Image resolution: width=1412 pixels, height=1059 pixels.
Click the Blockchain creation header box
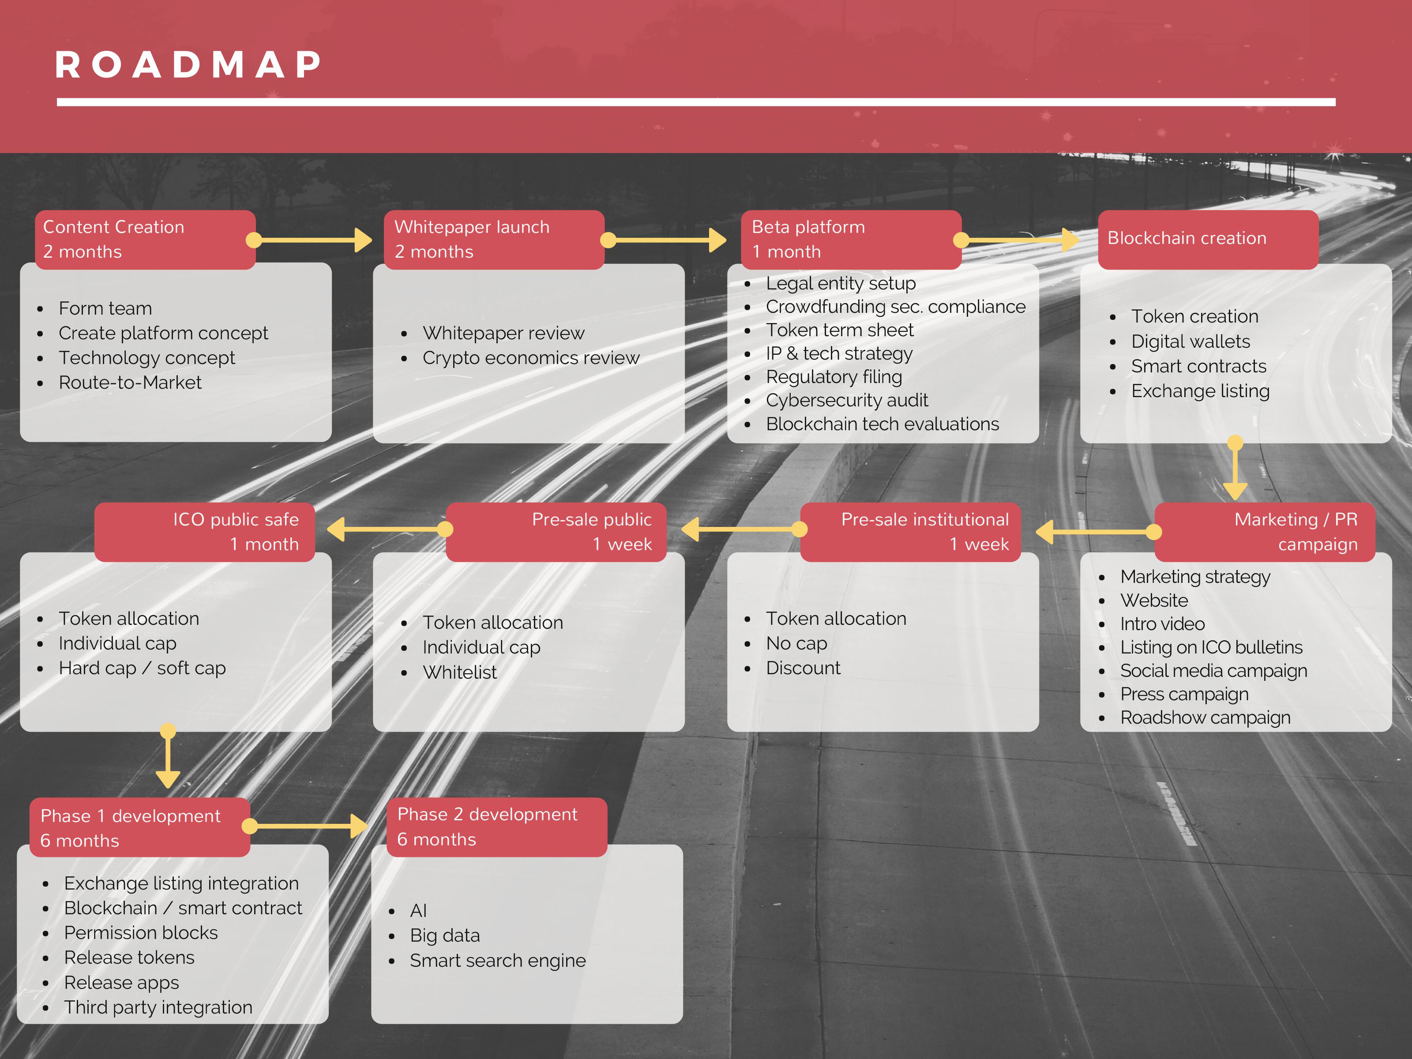1207,239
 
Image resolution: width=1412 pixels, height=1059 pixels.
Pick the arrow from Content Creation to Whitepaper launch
313,240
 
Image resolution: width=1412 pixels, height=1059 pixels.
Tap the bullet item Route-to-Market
130,383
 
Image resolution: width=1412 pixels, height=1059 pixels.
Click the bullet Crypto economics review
530,358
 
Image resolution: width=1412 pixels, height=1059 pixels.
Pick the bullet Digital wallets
1190,342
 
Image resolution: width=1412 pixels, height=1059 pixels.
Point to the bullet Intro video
1162,623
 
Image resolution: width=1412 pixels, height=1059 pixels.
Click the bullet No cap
796,643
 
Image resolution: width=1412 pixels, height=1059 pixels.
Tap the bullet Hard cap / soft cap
142,668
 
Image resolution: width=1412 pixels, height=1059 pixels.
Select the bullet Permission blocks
140,933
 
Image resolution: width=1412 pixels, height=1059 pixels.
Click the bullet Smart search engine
497,961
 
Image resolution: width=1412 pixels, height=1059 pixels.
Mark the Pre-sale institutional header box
910,532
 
